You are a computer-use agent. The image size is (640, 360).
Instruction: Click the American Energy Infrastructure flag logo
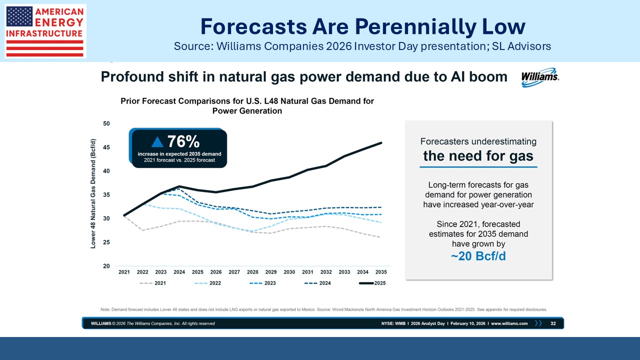(x=45, y=31)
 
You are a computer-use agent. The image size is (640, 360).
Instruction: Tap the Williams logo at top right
(x=540, y=77)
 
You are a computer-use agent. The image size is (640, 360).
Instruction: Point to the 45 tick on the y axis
(x=106, y=147)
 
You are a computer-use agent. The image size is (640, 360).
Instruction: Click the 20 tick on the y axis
(x=106, y=266)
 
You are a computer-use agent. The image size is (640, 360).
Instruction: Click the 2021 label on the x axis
(x=124, y=272)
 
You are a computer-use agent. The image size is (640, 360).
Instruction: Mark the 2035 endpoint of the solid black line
(x=381, y=143)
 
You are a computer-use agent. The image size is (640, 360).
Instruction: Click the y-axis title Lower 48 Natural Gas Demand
(x=93, y=195)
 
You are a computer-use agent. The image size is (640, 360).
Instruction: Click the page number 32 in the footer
(x=553, y=323)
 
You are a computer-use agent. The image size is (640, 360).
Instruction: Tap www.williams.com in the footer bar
(x=509, y=323)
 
